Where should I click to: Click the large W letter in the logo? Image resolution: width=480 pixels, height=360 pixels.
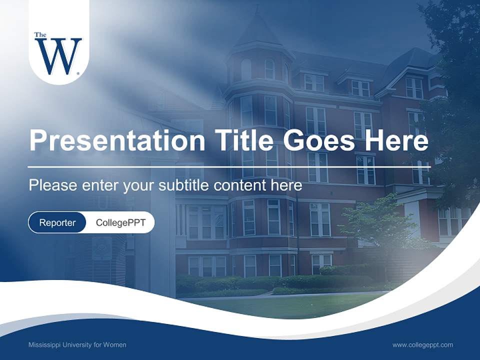(x=58, y=56)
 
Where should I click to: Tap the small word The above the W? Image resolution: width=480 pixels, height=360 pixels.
(x=40, y=35)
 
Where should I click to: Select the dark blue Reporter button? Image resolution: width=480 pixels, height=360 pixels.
(x=57, y=222)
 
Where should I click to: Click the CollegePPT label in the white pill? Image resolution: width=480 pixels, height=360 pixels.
(x=120, y=222)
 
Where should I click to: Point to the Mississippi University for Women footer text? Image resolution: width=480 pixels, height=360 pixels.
(x=77, y=345)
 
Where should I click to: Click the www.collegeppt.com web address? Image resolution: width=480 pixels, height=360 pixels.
(x=422, y=345)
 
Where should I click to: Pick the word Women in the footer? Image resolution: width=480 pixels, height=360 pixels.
(x=115, y=345)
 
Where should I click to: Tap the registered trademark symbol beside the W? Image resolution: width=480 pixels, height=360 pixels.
(x=78, y=73)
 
